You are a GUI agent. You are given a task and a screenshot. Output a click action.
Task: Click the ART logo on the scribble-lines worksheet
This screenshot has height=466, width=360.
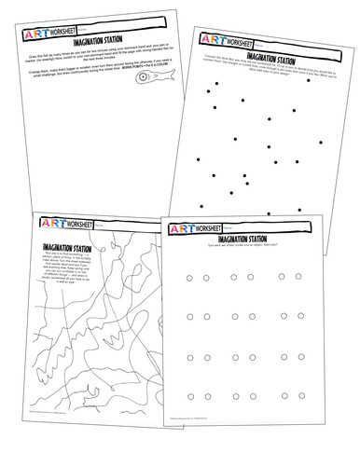pyautogui.click(x=48, y=225)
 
